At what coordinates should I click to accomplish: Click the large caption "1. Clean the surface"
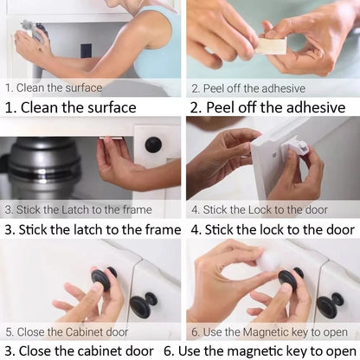point(71,107)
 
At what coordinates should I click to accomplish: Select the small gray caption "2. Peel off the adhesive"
point(248,87)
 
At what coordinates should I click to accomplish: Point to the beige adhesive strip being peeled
point(270,44)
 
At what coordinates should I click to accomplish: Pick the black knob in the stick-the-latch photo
point(153,145)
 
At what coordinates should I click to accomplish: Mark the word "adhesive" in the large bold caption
point(311,107)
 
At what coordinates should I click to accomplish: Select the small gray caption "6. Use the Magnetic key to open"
point(269,331)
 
